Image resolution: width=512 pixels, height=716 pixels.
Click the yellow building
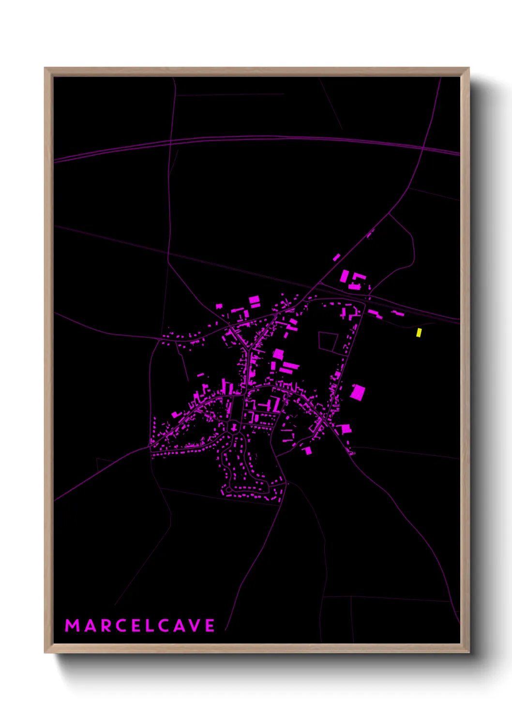419,332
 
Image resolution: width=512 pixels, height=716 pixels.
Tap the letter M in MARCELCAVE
72,626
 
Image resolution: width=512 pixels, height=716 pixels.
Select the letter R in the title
106,626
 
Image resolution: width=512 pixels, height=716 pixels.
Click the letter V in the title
195,626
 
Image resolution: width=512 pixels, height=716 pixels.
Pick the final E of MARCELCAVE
210,626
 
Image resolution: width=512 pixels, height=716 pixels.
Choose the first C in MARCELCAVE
121,626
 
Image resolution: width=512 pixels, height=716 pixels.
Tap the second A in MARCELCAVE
180,626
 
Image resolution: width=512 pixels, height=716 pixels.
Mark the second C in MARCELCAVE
165,626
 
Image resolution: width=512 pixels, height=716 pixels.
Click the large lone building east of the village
358,392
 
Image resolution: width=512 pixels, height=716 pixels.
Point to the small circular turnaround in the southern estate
229,490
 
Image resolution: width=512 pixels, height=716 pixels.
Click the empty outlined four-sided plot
328,342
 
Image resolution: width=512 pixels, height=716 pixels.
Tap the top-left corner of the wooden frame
45,68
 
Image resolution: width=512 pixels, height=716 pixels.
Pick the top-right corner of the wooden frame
468,68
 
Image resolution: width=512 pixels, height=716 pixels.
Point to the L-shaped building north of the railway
359,279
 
